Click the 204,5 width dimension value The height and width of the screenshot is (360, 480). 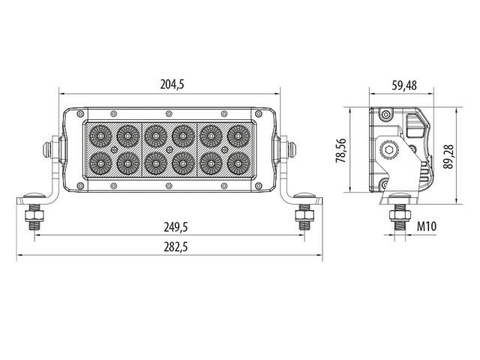click(x=172, y=85)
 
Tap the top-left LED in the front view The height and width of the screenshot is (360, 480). click(x=100, y=135)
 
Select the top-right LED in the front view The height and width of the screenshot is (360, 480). click(x=238, y=135)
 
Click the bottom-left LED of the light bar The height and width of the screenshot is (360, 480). click(x=100, y=162)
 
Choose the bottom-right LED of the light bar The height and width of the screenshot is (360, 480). click(x=238, y=162)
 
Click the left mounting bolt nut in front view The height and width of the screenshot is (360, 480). click(x=33, y=218)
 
